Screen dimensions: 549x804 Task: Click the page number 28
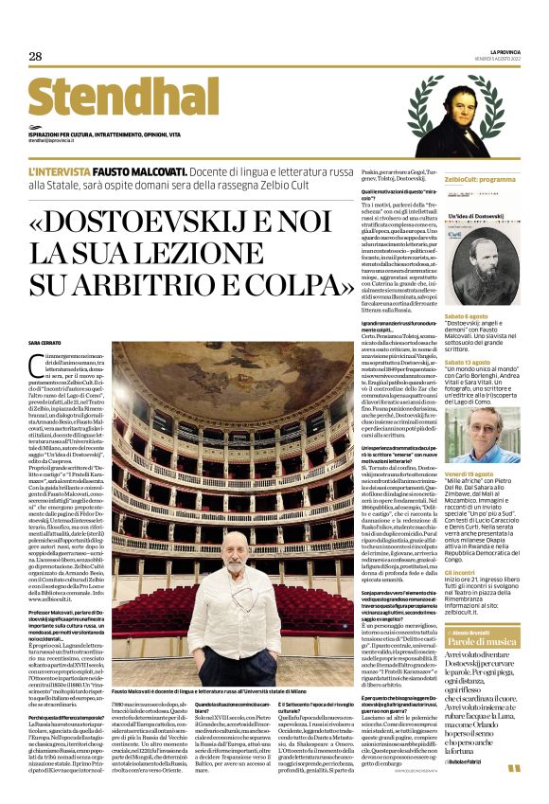35,56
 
